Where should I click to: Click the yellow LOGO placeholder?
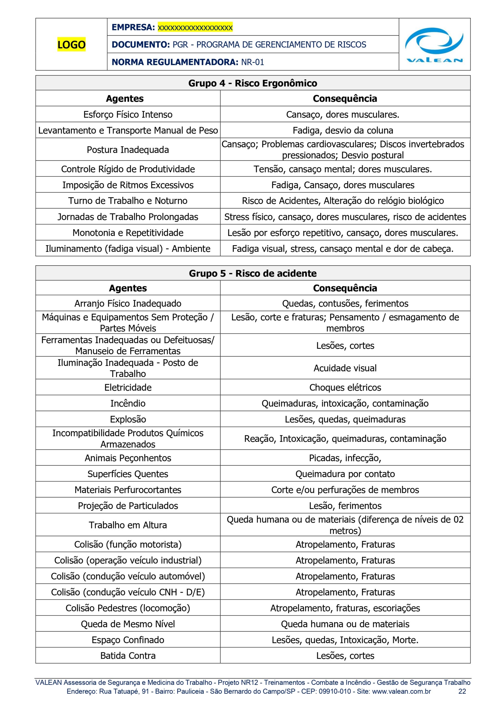71,45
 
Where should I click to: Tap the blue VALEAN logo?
434,45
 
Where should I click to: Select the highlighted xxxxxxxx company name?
195,27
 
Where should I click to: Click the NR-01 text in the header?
252,62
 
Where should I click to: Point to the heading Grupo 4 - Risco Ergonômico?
252,83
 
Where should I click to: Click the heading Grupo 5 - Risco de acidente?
252,273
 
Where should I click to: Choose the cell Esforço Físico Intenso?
128,115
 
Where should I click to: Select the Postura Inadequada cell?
128,150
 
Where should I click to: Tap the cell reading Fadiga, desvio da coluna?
343,131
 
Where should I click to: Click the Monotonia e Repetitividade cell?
128,233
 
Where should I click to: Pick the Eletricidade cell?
128,387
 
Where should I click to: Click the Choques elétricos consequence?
345,387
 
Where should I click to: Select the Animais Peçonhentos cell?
128,458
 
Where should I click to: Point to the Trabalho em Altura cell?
128,525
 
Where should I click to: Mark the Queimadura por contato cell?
345,474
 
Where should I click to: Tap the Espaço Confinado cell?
128,640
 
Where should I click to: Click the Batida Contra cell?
128,656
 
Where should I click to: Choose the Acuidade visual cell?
345,368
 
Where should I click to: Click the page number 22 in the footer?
462,691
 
